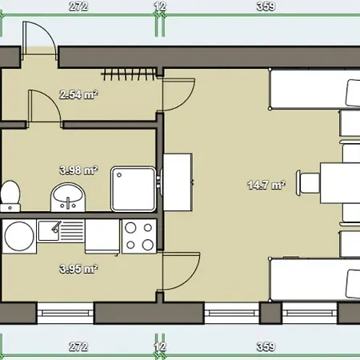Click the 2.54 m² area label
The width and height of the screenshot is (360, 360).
click(x=78, y=95)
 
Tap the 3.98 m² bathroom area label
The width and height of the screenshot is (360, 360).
click(x=78, y=170)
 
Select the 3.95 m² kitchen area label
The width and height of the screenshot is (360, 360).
click(x=78, y=268)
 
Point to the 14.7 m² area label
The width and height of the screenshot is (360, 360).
click(x=266, y=186)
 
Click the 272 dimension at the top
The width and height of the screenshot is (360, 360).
click(x=78, y=6)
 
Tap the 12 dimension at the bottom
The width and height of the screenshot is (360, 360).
click(x=160, y=347)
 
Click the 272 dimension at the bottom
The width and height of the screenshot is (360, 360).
click(x=78, y=347)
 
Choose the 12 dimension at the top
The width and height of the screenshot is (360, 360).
click(x=160, y=6)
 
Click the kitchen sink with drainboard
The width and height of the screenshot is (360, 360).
click(x=60, y=231)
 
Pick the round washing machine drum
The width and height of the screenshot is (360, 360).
click(x=18, y=234)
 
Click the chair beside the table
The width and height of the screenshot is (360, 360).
click(x=309, y=183)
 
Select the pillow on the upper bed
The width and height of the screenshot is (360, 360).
click(x=353, y=94)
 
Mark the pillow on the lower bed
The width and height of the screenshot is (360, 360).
click(x=353, y=282)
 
